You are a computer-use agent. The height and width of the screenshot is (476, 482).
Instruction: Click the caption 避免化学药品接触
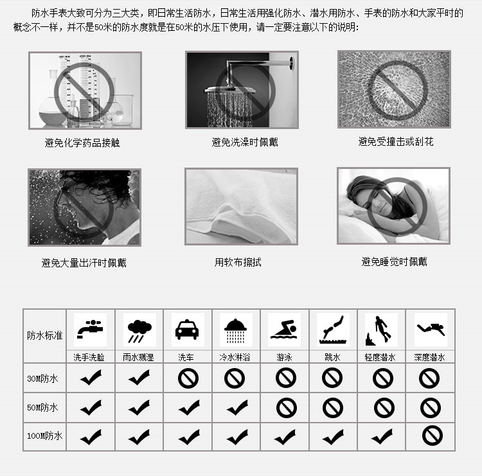[82, 143]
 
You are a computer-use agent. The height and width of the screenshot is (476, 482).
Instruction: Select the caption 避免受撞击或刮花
[395, 141]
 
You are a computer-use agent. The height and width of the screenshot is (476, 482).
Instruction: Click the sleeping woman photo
[393, 206]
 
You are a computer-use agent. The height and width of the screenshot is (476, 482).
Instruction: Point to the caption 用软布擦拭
[238, 262]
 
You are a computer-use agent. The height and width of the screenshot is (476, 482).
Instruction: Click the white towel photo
[241, 206]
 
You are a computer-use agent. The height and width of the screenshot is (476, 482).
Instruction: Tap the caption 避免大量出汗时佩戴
[84, 263]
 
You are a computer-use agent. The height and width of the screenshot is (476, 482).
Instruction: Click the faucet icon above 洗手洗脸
[91, 330]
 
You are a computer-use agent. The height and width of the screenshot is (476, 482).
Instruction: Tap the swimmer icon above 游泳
[285, 330]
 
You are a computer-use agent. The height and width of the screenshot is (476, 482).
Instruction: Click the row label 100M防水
[44, 436]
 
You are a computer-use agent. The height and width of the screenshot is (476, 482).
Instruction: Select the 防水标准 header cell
[45, 335]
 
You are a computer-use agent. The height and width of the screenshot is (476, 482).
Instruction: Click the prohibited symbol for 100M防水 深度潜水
[431, 436]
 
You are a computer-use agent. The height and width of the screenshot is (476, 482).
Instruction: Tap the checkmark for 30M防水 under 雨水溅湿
[139, 378]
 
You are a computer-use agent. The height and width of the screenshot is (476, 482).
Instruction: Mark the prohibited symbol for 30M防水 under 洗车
[188, 378]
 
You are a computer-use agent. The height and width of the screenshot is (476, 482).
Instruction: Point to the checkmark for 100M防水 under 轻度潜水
[382, 437]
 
